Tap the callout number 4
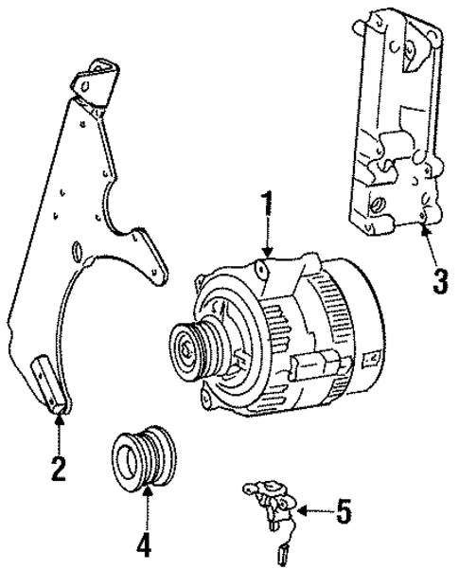click(144, 546)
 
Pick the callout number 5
click(343, 512)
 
